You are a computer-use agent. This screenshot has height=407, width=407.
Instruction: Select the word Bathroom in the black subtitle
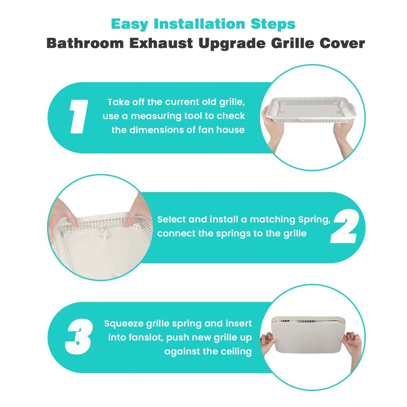[85, 44]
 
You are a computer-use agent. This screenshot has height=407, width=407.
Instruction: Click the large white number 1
[78, 116]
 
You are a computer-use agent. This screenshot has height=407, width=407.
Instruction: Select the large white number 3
[79, 337]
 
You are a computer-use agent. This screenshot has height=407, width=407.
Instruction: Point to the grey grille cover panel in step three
[308, 338]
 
